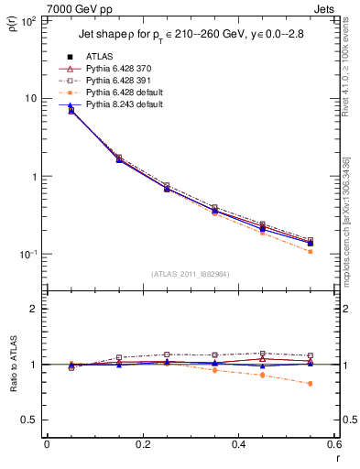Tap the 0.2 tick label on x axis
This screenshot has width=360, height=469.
[x=142, y=445]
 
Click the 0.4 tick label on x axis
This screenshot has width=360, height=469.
[x=238, y=445]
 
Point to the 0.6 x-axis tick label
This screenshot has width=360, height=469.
[x=333, y=445]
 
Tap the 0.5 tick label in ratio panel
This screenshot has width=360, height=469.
[x=29, y=420]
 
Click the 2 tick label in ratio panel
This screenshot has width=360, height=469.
[x=34, y=310]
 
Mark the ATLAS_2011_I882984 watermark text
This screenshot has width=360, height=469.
[x=191, y=273]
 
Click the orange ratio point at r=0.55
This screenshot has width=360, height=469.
[x=311, y=384]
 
